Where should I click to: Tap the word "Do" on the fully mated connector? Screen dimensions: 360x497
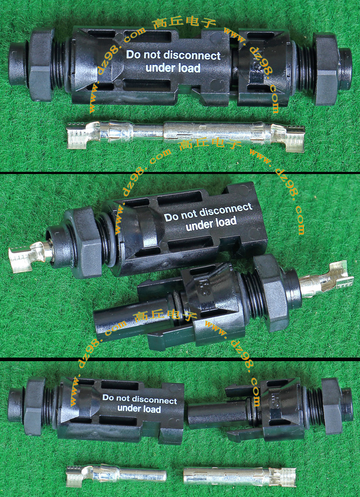pos(133,54)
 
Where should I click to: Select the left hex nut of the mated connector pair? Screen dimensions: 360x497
pos(40,64)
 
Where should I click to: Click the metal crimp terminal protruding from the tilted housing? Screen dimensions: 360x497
pos(30,256)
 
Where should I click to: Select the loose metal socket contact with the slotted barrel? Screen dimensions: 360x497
pos(240,476)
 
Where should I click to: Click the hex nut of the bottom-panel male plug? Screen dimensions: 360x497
pos(332,406)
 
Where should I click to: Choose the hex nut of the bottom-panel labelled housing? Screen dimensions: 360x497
pos(34,406)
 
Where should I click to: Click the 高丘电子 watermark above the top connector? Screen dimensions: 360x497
pos(184,23)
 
